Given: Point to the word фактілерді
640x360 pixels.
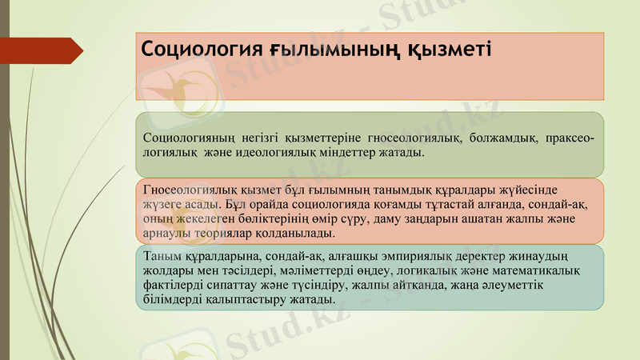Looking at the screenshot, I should (174, 286).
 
